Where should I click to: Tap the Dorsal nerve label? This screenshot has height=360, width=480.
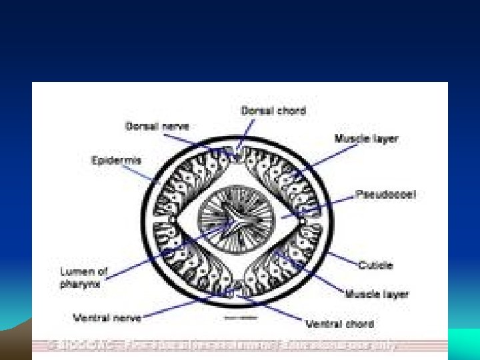pyautogui.click(x=157, y=126)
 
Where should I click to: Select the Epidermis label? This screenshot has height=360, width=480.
pyautogui.click(x=117, y=160)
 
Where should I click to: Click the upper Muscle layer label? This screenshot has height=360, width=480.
pyautogui.click(x=366, y=139)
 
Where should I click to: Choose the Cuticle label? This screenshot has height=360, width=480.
pyautogui.click(x=375, y=265)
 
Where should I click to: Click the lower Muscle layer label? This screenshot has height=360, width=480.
pyautogui.click(x=377, y=293)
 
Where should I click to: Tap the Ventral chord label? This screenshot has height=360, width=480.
pyautogui.click(x=339, y=324)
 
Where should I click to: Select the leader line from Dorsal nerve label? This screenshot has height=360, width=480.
pyautogui.click(x=200, y=144)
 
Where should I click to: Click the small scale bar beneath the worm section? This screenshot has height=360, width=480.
pyautogui.click(x=231, y=319)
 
